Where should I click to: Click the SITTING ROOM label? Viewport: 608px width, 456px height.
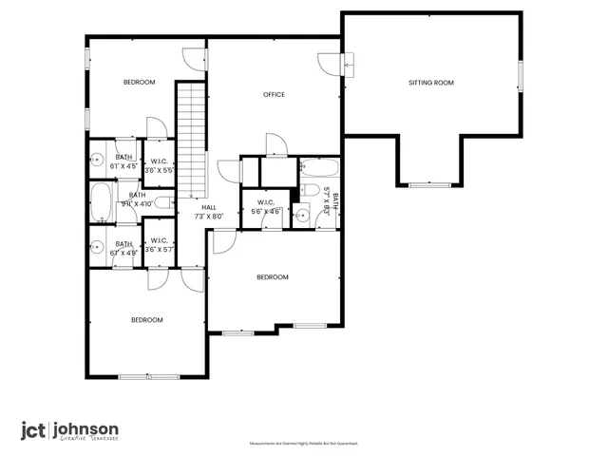pyautogui.click(x=431, y=83)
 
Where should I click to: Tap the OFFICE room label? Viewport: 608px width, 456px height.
pyautogui.click(x=275, y=94)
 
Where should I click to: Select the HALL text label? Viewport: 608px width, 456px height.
pyautogui.click(x=208, y=206)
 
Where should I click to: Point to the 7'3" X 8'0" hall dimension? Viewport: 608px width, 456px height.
pyautogui.click(x=208, y=216)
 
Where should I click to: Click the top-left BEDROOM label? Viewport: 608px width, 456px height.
pyautogui.click(x=139, y=83)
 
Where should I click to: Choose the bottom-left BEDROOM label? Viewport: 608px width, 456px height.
pyautogui.click(x=146, y=319)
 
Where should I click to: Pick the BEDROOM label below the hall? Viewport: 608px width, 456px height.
pyautogui.click(x=273, y=276)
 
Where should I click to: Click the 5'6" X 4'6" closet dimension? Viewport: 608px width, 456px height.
pyautogui.click(x=266, y=211)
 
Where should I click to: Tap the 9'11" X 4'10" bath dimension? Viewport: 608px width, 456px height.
pyautogui.click(x=138, y=203)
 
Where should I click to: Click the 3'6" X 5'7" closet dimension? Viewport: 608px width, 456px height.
pyautogui.click(x=159, y=251)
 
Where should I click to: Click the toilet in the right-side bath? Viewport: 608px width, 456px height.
pyautogui.click(x=302, y=214)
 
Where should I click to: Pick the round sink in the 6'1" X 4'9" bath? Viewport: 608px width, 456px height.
pyautogui.click(x=97, y=249)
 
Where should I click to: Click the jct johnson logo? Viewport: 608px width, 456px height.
pyautogui.click(x=70, y=430)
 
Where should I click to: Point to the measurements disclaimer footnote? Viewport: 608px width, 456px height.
pyautogui.click(x=303, y=444)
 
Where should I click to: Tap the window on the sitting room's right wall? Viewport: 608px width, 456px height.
pyautogui.click(x=520, y=76)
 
